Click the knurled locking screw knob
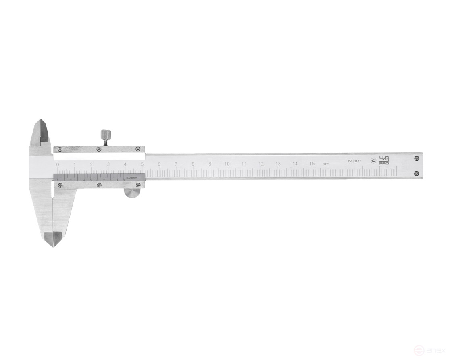click(x=105, y=134)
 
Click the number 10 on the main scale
click(x=227, y=164)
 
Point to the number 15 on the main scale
click(x=312, y=164)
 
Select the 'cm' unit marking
click(x=325, y=164)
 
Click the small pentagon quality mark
click(x=373, y=160)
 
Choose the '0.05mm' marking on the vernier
click(x=131, y=177)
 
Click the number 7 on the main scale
click(x=176, y=164)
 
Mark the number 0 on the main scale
click(x=58, y=164)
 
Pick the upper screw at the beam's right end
click(x=417, y=158)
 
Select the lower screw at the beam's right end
click(x=417, y=174)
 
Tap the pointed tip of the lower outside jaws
click(x=53, y=246)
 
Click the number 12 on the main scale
click(x=261, y=164)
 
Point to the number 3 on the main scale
click(x=108, y=164)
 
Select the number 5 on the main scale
click(x=142, y=164)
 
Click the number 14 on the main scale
click(x=295, y=164)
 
